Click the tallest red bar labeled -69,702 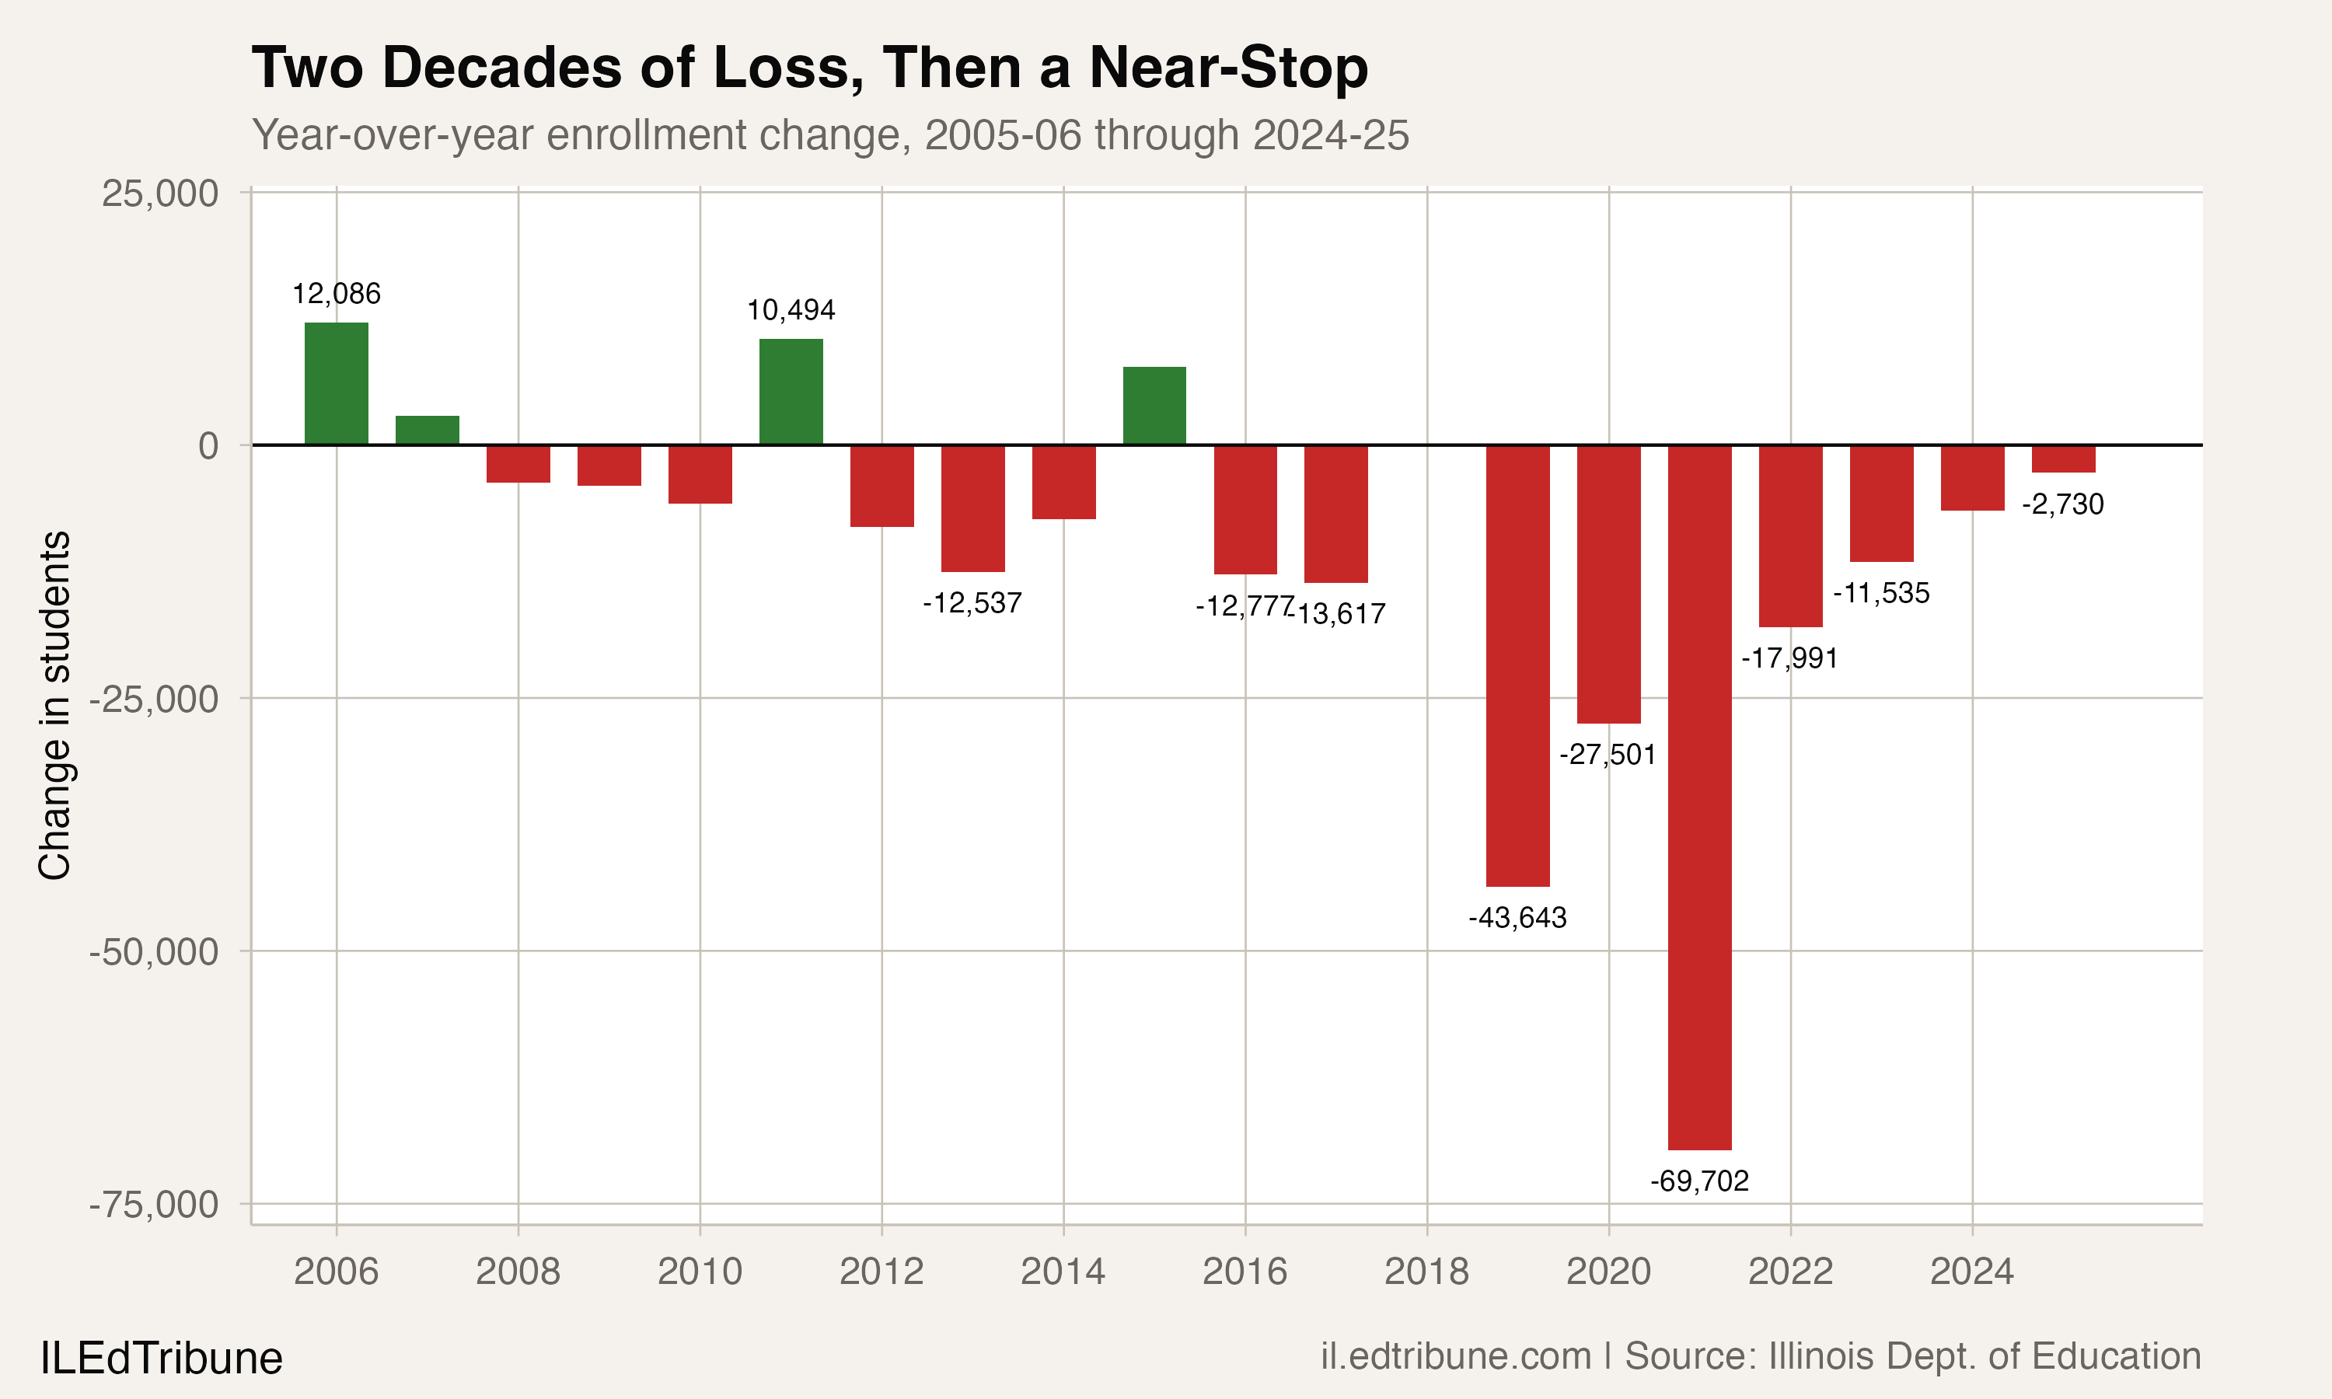(1698, 797)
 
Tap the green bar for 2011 (791, 391)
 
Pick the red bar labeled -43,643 (1517, 665)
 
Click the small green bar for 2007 (427, 430)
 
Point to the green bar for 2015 (1154, 406)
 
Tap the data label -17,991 (1789, 658)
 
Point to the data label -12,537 (972, 603)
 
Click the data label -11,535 (1880, 594)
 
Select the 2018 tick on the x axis (1426, 1272)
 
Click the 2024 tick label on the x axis (1971, 1272)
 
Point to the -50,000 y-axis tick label (154, 952)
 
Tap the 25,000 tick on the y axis (159, 194)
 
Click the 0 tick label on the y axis (208, 446)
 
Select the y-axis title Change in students (54, 705)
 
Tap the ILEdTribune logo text (160, 1359)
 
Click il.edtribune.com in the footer (1455, 1356)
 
